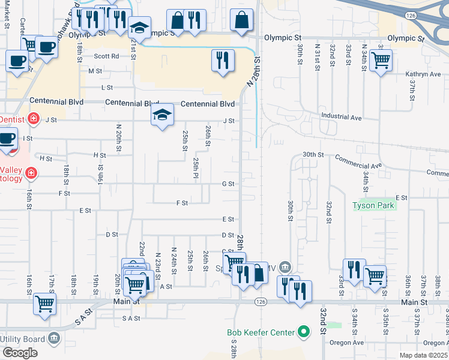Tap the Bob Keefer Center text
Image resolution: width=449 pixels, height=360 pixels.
[x=261, y=332]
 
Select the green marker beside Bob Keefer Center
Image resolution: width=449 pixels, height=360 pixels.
[x=304, y=332]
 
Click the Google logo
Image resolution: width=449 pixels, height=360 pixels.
[x=20, y=352]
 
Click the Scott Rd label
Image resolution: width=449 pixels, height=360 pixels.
[x=106, y=56]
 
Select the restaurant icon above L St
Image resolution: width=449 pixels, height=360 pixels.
[x=221, y=59]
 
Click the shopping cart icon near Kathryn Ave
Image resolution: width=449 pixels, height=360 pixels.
[x=380, y=59]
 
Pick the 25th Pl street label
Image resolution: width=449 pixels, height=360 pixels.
[x=196, y=168]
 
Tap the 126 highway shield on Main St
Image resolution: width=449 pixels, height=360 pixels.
[x=259, y=302]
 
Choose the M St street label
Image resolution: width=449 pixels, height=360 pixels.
[x=95, y=71]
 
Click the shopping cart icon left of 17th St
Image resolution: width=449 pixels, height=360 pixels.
[x=44, y=303]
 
